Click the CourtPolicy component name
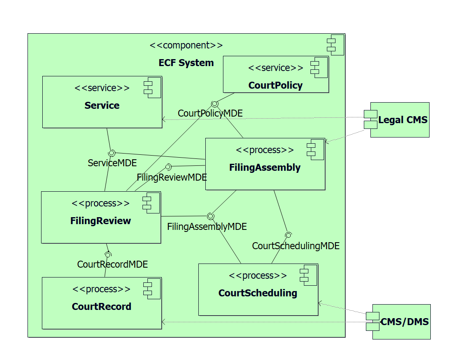[275, 85]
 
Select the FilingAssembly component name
[264, 167]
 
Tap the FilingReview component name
[101, 221]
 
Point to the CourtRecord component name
[101, 307]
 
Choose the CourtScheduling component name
[257, 293]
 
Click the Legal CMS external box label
[402, 120]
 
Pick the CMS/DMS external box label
[404, 321]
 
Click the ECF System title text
[186, 63]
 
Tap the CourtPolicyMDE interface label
[210, 113]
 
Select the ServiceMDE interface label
[112, 163]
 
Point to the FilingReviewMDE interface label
[172, 177]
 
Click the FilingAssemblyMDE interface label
[207, 226]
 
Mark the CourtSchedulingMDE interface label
[296, 246]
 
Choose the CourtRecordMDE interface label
[112, 264]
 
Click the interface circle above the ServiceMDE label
[111, 153]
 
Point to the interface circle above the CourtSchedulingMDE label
[288, 235]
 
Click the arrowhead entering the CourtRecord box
[164, 322]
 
